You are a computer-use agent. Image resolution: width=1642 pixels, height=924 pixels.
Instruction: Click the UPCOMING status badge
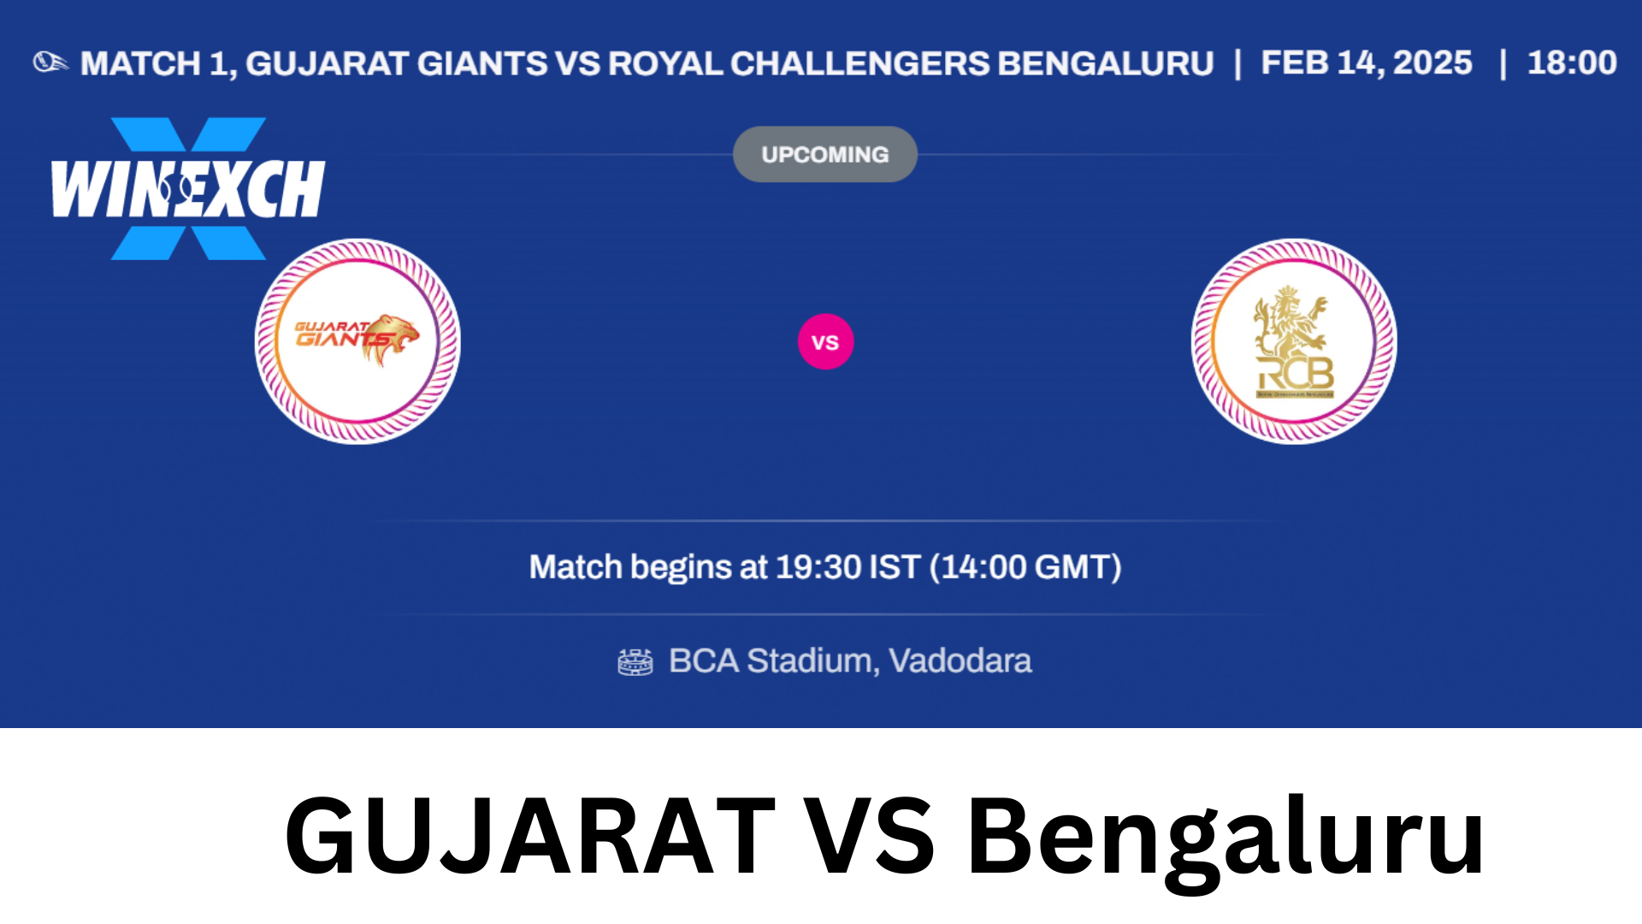tap(825, 154)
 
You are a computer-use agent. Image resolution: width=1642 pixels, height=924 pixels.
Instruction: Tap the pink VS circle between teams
tap(825, 342)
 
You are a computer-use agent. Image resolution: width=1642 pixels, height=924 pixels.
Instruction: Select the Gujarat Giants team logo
tap(357, 341)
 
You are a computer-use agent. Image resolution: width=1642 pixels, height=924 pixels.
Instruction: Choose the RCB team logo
tap(1294, 341)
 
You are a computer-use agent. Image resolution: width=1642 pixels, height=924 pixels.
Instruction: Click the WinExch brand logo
tap(188, 188)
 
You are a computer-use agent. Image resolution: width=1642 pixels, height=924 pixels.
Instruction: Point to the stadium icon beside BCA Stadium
tap(635, 661)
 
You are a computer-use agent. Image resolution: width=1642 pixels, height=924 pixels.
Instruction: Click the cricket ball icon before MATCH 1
tap(50, 62)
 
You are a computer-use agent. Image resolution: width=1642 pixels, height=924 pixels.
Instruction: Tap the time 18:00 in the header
tap(1572, 62)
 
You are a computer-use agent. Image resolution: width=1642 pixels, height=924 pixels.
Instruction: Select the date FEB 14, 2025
tap(1367, 62)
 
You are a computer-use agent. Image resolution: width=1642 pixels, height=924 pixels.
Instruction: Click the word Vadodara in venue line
tap(960, 660)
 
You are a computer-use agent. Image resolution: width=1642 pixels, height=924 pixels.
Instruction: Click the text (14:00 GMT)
tap(1025, 567)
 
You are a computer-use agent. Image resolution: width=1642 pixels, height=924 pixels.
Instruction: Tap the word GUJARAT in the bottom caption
tap(530, 836)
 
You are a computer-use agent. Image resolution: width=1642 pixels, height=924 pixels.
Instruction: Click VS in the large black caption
tap(871, 836)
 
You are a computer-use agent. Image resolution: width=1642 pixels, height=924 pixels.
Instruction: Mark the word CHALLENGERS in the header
tap(859, 63)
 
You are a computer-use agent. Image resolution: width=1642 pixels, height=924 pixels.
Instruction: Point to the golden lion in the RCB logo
tap(1290, 323)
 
